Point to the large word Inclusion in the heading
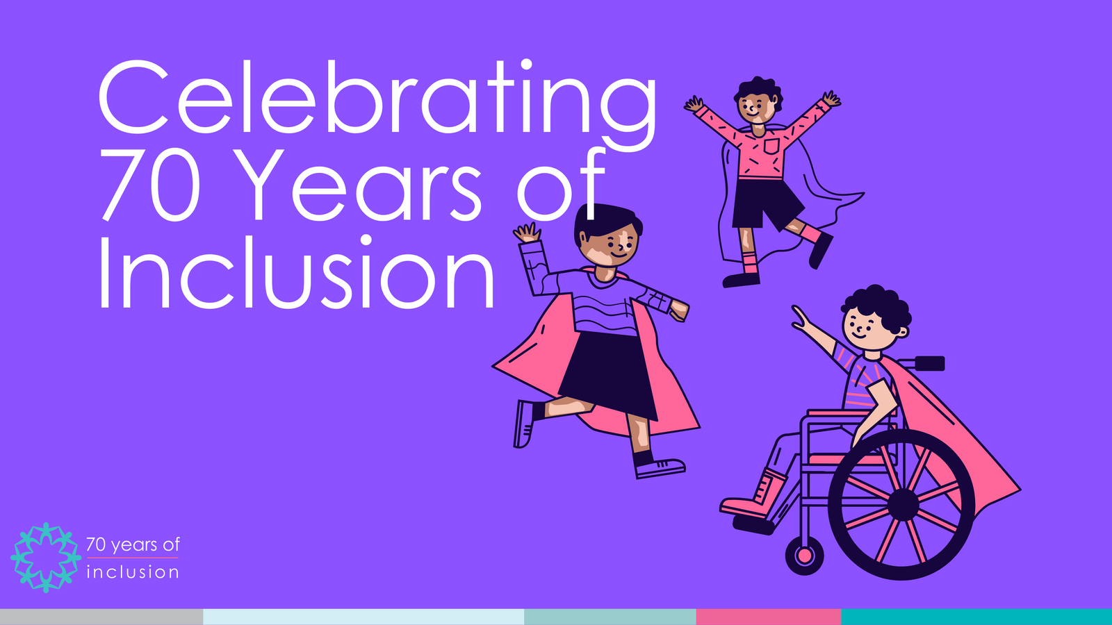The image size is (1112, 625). tap(295, 274)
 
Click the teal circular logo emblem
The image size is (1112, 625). tap(46, 557)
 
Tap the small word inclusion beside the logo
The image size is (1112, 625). tap(132, 572)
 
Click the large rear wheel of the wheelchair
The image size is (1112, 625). tap(901, 504)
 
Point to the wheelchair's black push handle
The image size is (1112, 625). tap(929, 362)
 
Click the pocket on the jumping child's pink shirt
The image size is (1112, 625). tap(771, 147)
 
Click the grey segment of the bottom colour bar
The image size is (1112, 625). tap(101, 617)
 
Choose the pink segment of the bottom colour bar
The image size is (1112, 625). tap(768, 617)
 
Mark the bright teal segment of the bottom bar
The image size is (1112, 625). tap(976, 617)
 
